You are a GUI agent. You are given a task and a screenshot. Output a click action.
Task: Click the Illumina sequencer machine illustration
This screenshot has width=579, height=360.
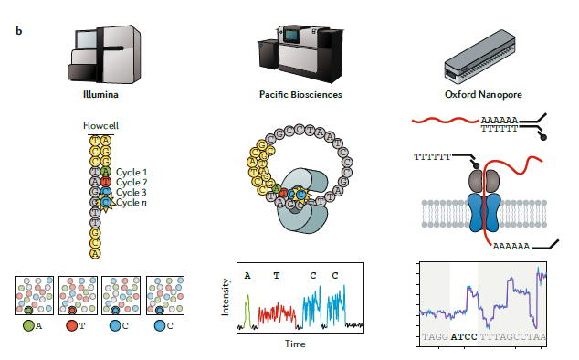point(105,51)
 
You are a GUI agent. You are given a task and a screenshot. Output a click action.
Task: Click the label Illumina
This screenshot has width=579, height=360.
point(102,93)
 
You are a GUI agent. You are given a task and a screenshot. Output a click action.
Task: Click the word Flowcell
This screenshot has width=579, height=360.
point(101,125)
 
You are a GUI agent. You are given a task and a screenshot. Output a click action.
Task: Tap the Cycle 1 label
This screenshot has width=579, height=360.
point(132,171)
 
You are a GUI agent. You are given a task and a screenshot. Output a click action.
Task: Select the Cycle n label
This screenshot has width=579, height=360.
point(132,202)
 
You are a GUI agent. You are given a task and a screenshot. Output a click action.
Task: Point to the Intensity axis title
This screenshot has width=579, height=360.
point(227,300)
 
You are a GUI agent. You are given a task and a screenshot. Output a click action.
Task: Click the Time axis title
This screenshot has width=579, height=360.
point(295,344)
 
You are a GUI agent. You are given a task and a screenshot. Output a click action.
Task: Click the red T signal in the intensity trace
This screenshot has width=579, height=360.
point(277,314)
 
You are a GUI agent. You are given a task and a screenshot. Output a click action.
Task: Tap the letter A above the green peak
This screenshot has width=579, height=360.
point(247,274)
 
